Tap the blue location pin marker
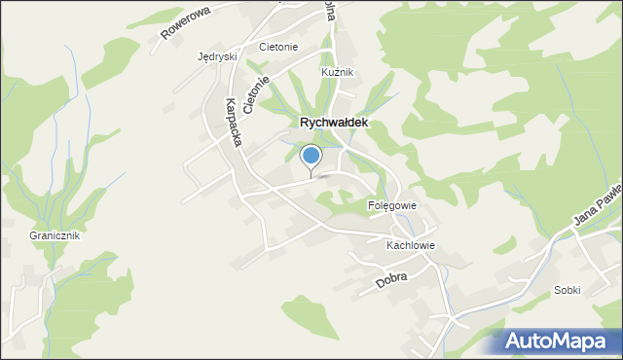coord(311,157)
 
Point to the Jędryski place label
coord(217,56)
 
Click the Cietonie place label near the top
coord(278,47)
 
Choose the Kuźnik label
coord(338,73)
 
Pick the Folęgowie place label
coord(392,205)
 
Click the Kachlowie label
coord(410,246)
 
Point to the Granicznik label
coord(55,235)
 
